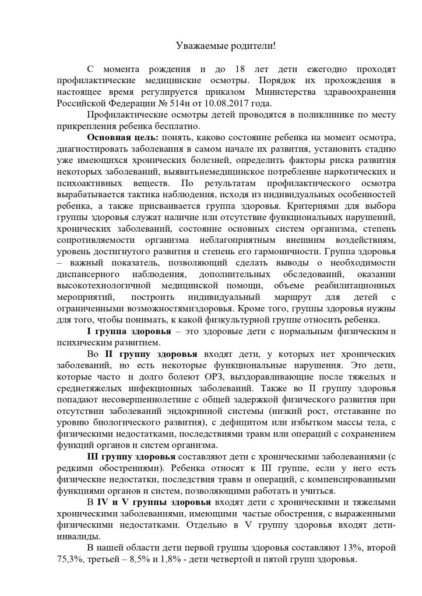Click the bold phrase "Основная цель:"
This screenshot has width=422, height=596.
pyautogui.click(x=119, y=136)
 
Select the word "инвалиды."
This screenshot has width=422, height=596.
pyautogui.click(x=82, y=536)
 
